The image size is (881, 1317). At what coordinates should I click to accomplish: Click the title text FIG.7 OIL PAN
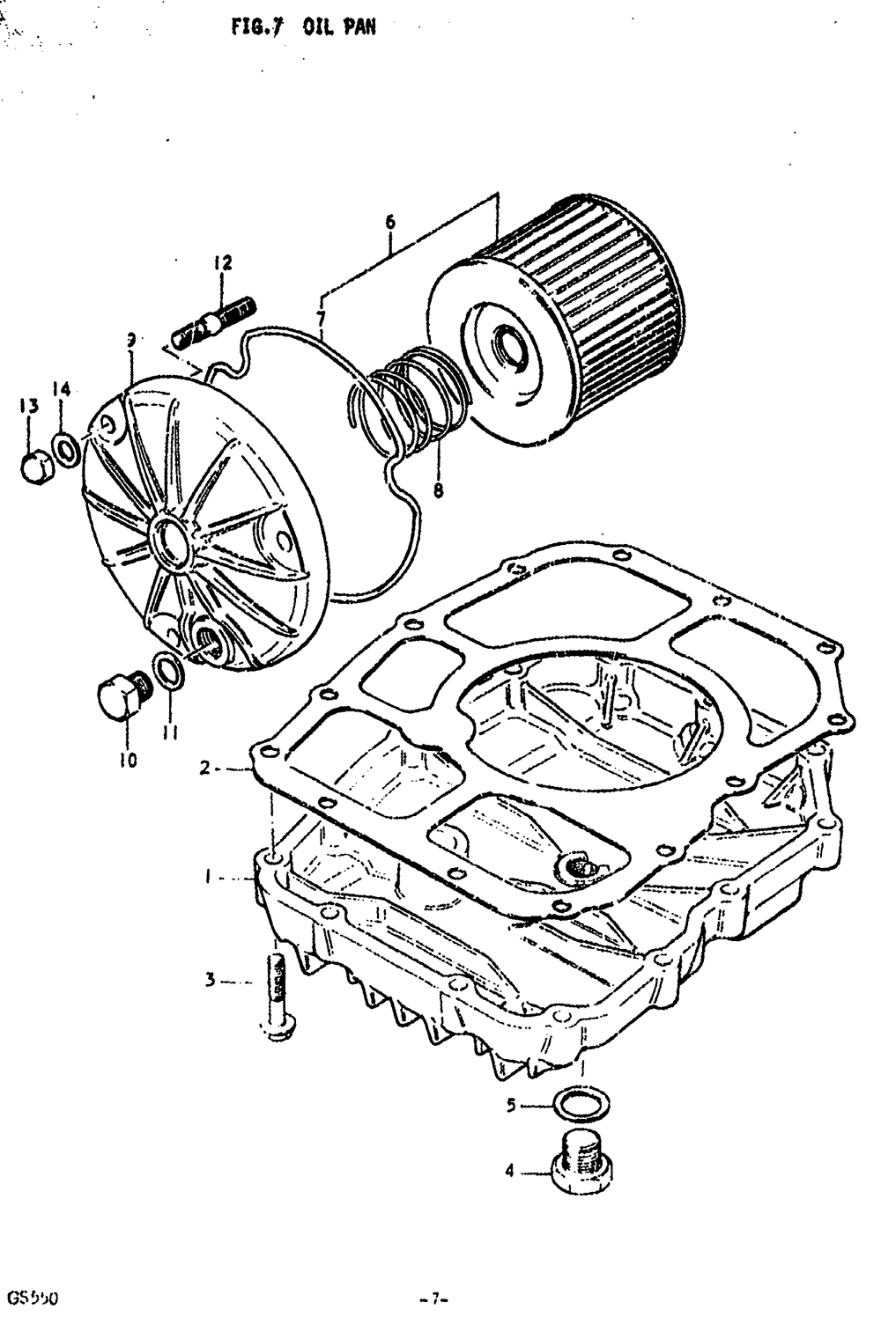point(304,27)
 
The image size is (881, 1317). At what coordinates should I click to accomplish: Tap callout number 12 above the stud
point(221,262)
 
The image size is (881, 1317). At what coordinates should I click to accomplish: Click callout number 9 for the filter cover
point(130,338)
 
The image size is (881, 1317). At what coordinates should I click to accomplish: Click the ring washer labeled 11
point(168,672)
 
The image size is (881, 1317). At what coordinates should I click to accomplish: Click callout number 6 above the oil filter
point(389,223)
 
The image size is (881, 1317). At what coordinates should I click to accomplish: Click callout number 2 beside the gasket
point(204,769)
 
